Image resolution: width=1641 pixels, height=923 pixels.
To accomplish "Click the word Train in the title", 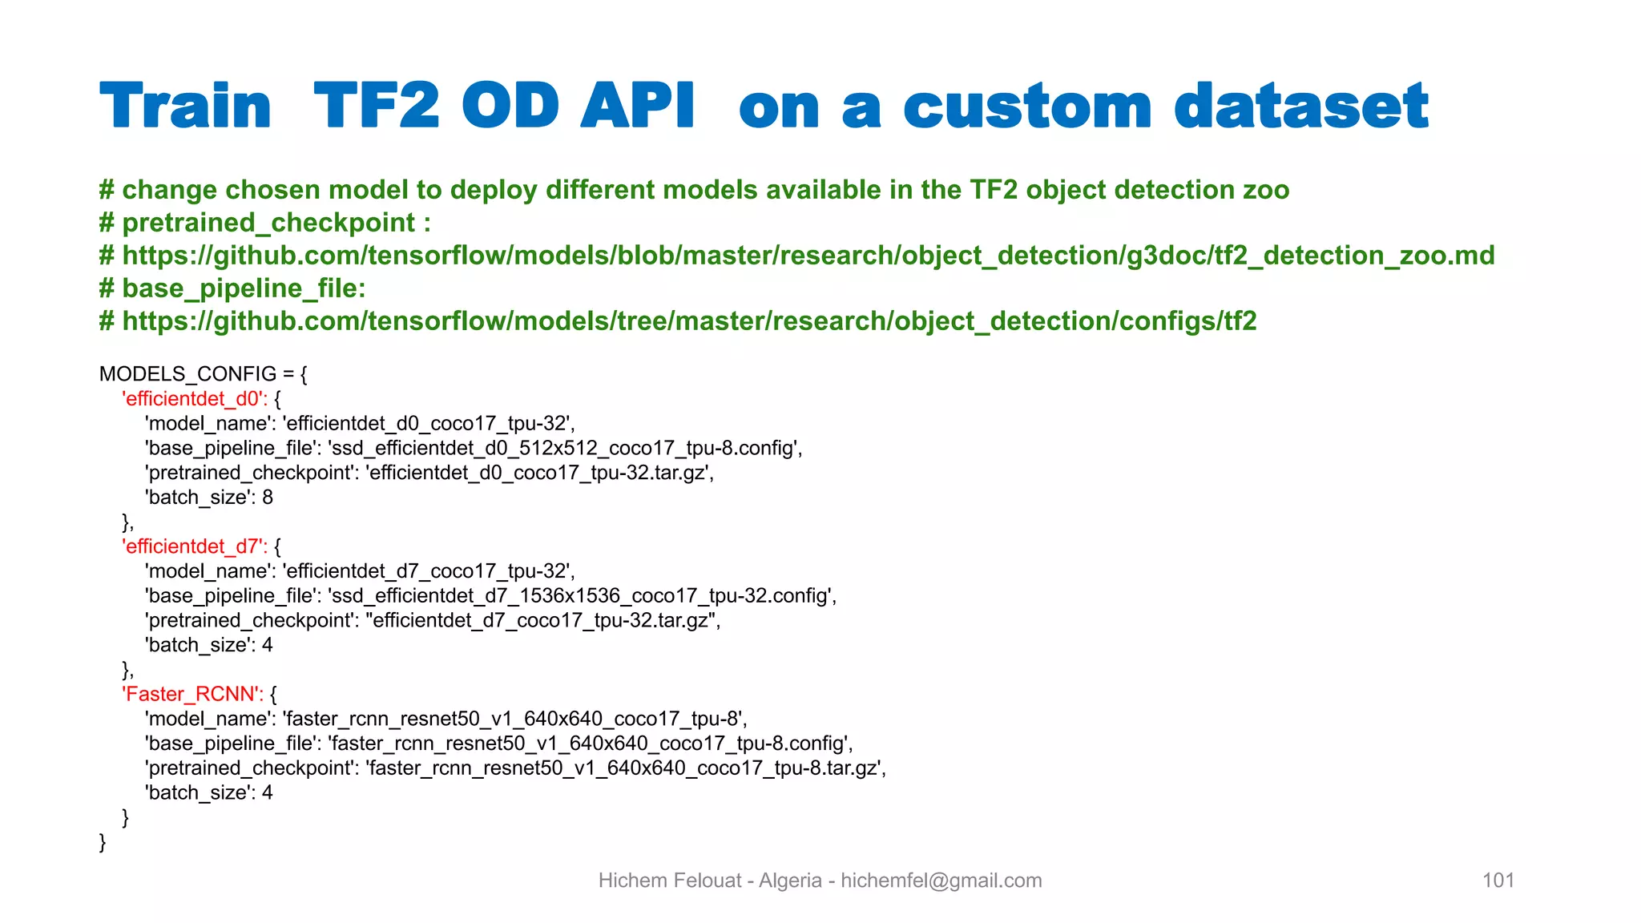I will (x=186, y=107).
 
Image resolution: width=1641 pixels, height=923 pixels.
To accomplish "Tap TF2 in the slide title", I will (x=377, y=107).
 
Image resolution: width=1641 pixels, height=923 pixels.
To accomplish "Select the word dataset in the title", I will (x=1301, y=107).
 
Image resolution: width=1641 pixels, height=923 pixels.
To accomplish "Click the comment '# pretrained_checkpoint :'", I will (x=265, y=223).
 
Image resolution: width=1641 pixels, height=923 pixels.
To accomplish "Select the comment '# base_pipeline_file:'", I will (x=232, y=288).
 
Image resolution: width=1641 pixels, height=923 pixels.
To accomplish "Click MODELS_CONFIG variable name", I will (x=187, y=374).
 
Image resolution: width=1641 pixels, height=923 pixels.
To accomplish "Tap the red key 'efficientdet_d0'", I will (x=192, y=399).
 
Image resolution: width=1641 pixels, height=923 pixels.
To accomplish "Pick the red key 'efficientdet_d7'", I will (x=192, y=546).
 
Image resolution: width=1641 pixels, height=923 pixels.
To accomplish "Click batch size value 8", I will (x=268, y=498).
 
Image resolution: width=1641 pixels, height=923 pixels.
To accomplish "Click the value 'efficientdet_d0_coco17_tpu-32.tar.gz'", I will (x=538, y=473).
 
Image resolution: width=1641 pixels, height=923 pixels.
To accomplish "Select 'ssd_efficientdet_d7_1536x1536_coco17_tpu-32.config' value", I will (x=581, y=596).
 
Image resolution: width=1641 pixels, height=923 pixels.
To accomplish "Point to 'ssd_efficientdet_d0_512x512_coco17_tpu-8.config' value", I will (x=564, y=448).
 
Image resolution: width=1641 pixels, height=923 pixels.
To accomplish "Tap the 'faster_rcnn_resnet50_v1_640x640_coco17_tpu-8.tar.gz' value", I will (x=625, y=768).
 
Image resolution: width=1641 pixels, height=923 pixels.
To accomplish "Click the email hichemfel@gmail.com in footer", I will (x=941, y=881).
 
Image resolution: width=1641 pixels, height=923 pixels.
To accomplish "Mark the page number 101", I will (x=1498, y=881).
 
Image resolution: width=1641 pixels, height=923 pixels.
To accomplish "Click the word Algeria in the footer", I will (x=790, y=881).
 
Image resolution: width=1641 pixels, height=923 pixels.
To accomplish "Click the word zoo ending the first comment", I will (x=1266, y=190).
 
